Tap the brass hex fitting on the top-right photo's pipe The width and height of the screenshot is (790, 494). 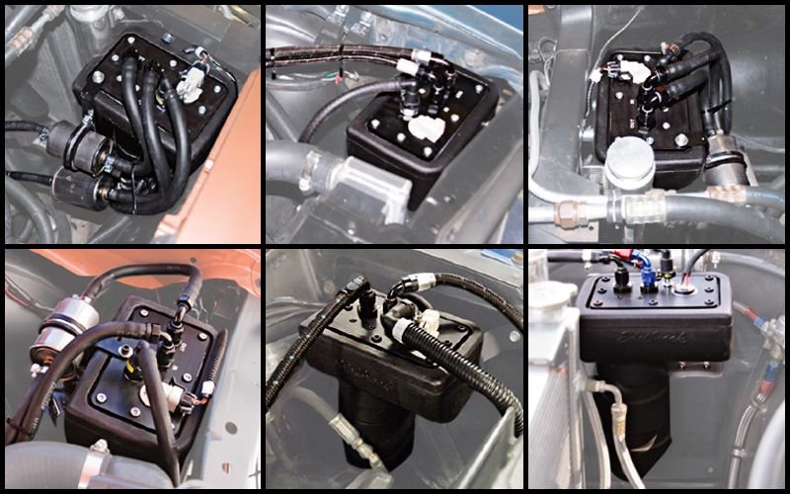[x=572, y=210]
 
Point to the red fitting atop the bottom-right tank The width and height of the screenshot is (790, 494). [x=620, y=261]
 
